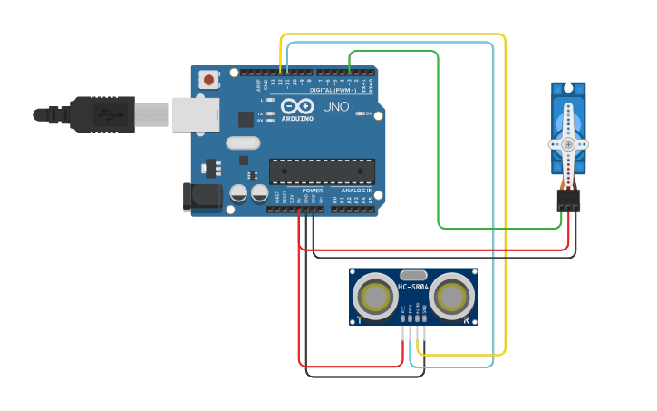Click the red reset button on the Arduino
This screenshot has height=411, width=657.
209,80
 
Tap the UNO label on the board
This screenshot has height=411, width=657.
336,107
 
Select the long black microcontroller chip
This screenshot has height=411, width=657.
322,171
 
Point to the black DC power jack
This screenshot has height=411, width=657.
201,197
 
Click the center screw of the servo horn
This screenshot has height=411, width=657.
568,143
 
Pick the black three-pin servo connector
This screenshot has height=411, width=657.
568,201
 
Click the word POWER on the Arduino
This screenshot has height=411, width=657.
313,191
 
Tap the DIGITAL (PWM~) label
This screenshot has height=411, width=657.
332,90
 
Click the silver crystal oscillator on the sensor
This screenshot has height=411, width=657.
412,274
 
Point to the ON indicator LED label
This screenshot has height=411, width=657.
368,113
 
